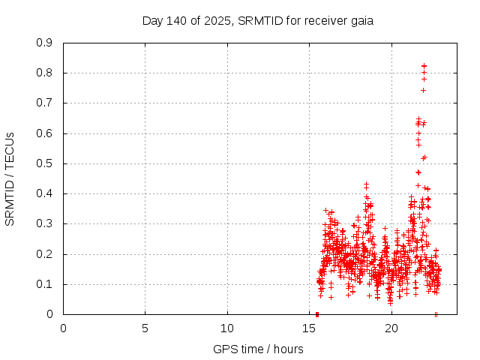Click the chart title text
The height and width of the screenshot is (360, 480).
[257, 20]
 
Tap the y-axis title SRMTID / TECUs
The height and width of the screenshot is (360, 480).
[10, 178]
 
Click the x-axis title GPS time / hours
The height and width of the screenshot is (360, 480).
[258, 349]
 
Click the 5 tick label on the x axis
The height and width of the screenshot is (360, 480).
[145, 328]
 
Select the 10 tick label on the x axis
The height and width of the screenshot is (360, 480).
[227, 328]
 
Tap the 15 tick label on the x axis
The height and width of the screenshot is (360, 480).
[310, 328]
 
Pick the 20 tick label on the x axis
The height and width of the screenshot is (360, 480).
[391, 328]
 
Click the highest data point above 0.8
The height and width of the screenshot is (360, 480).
[424, 65]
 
